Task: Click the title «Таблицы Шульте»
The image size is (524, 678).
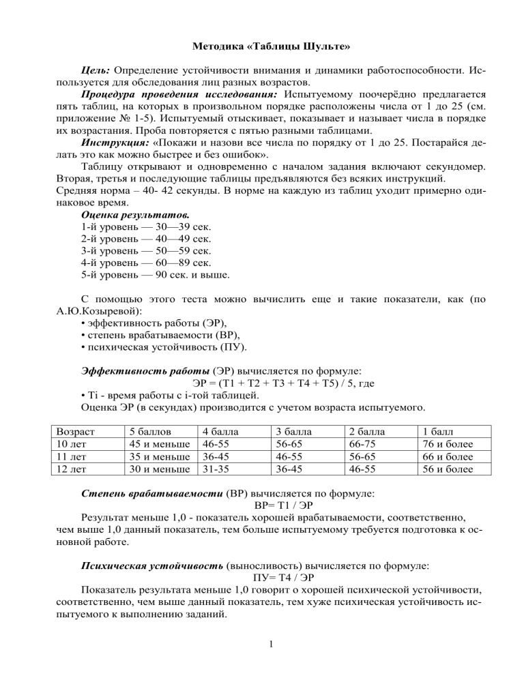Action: point(262,47)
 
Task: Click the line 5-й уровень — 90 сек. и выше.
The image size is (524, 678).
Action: point(154,275)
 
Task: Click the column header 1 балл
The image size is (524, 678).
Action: point(439,432)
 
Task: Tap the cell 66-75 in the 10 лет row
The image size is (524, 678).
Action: point(363,444)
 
